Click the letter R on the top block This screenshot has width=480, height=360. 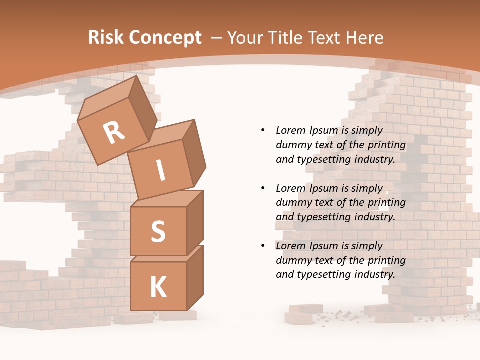114,133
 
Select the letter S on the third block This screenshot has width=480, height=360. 158,231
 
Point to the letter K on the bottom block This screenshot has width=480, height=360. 158,287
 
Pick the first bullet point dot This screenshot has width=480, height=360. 263,130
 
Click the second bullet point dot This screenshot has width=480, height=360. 263,188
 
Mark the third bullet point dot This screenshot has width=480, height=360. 263,246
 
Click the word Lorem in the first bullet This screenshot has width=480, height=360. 290,130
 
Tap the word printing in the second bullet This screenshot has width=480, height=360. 386,203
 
